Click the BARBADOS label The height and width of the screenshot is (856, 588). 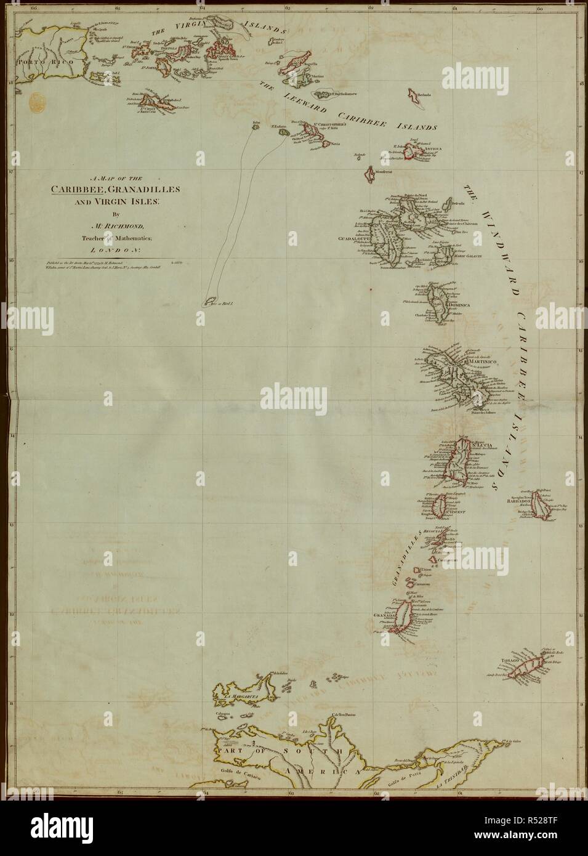[523, 501]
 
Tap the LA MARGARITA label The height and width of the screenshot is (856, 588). [240, 697]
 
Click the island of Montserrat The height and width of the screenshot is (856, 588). [371, 174]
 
